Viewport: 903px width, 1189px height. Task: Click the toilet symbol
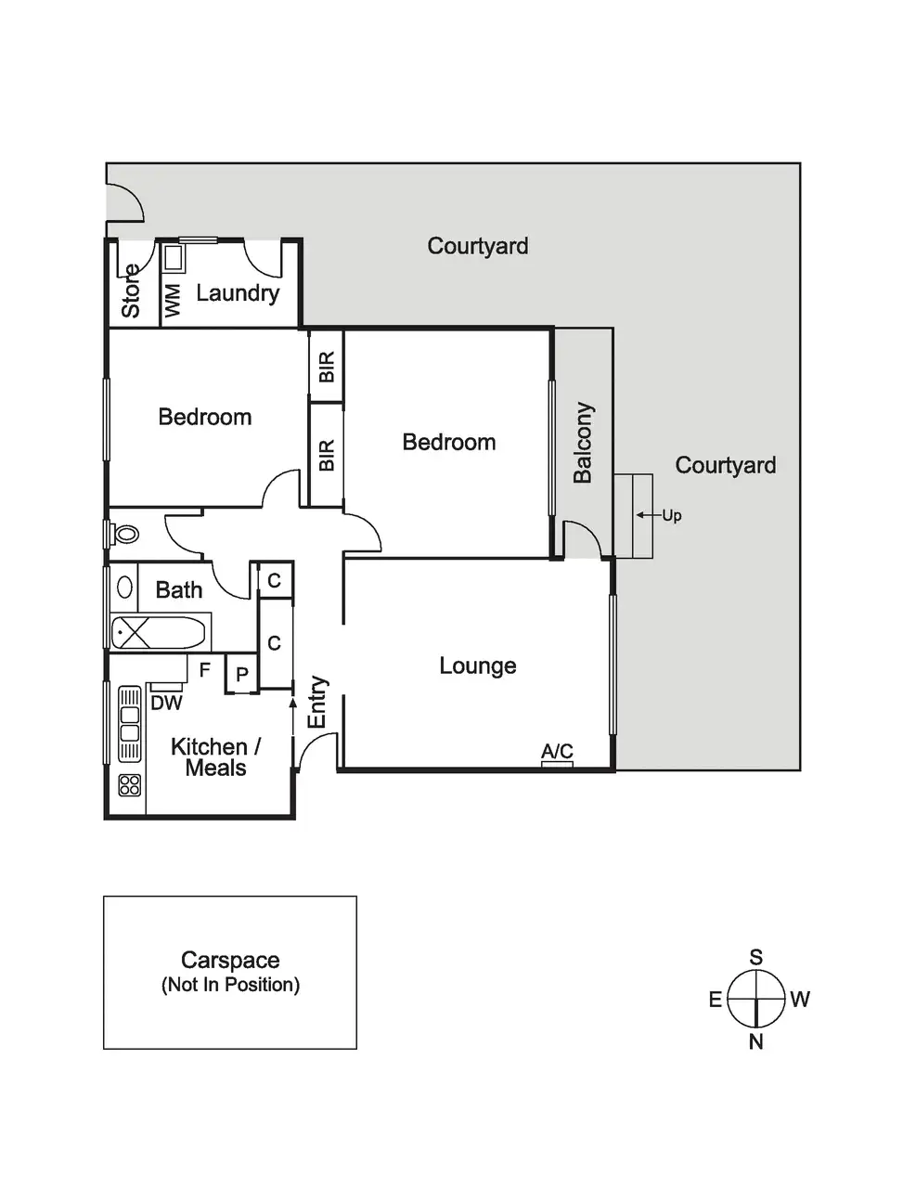pyautogui.click(x=125, y=534)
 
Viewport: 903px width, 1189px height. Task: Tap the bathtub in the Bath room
pyautogui.click(x=158, y=634)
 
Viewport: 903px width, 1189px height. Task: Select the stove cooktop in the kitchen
pyautogui.click(x=130, y=785)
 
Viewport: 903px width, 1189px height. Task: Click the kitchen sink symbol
pyautogui.click(x=130, y=724)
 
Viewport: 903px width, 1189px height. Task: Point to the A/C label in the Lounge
pyautogui.click(x=557, y=751)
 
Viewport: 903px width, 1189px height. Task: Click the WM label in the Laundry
pyautogui.click(x=173, y=302)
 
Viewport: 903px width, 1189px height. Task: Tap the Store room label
pyautogui.click(x=131, y=291)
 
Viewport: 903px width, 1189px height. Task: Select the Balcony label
pyautogui.click(x=582, y=443)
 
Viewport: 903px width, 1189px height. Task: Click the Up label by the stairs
pyautogui.click(x=672, y=515)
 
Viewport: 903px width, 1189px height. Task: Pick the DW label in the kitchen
pyautogui.click(x=167, y=704)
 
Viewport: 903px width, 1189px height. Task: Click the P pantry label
pyautogui.click(x=241, y=675)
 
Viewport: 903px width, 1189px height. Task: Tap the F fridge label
pyautogui.click(x=205, y=669)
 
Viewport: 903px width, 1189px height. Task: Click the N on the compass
pyautogui.click(x=756, y=1041)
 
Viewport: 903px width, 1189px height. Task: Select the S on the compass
pyautogui.click(x=756, y=958)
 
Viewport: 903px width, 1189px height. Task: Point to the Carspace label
pyautogui.click(x=230, y=960)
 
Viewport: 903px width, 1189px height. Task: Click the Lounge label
pyautogui.click(x=478, y=666)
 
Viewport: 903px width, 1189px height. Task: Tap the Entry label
pyautogui.click(x=317, y=702)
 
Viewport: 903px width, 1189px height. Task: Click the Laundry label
pyautogui.click(x=238, y=293)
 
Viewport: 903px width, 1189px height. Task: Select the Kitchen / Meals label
pyautogui.click(x=215, y=757)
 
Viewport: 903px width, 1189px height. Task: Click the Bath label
pyautogui.click(x=179, y=589)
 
